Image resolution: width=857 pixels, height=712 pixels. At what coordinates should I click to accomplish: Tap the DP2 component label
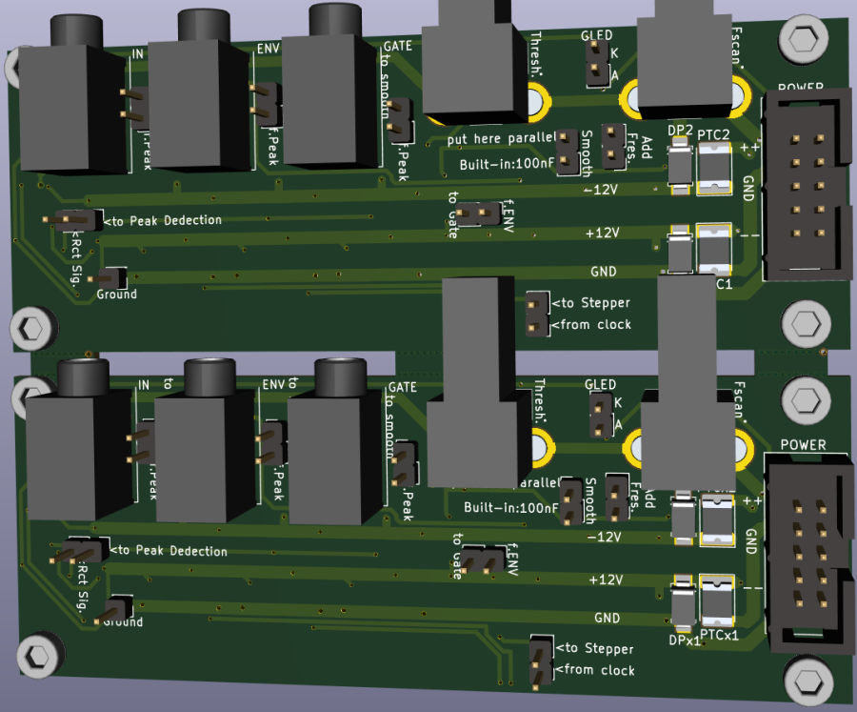[680, 131]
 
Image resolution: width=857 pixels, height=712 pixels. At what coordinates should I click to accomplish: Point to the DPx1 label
[684, 640]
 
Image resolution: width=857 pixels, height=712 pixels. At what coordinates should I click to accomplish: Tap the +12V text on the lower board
[606, 579]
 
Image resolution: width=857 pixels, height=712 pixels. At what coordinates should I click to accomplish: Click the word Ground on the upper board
[116, 295]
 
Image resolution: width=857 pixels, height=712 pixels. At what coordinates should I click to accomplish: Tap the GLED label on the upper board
[596, 36]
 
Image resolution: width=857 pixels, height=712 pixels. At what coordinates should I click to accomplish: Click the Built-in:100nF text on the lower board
[510, 507]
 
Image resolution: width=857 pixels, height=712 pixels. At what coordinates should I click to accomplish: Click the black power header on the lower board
[806, 552]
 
